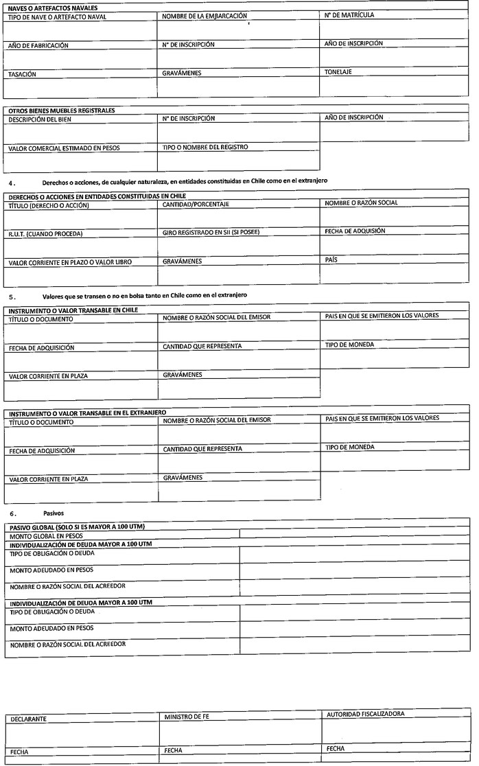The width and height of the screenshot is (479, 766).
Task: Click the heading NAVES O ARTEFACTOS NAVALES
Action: (47, 6)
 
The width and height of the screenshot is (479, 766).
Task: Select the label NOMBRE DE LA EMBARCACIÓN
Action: (205, 14)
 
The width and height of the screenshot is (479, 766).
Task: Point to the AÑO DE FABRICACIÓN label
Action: (38, 45)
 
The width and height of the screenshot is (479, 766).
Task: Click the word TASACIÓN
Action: (22, 73)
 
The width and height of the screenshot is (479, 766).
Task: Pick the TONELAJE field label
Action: (338, 71)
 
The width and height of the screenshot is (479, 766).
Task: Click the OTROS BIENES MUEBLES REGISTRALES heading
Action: (61, 110)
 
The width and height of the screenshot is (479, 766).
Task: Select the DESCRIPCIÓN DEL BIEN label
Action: (39, 119)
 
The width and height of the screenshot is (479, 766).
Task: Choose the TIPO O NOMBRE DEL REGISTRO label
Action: (205, 147)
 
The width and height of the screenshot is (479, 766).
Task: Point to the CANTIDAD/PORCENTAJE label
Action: (196, 205)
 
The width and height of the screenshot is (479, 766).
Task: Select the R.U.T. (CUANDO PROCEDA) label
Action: (45, 233)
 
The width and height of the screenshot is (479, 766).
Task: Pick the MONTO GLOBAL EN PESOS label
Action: (45, 535)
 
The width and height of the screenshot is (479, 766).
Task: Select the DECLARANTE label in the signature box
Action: (29, 719)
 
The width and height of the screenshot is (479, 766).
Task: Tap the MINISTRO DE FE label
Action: (187, 717)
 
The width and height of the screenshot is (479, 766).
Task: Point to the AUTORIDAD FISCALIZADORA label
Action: (365, 714)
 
